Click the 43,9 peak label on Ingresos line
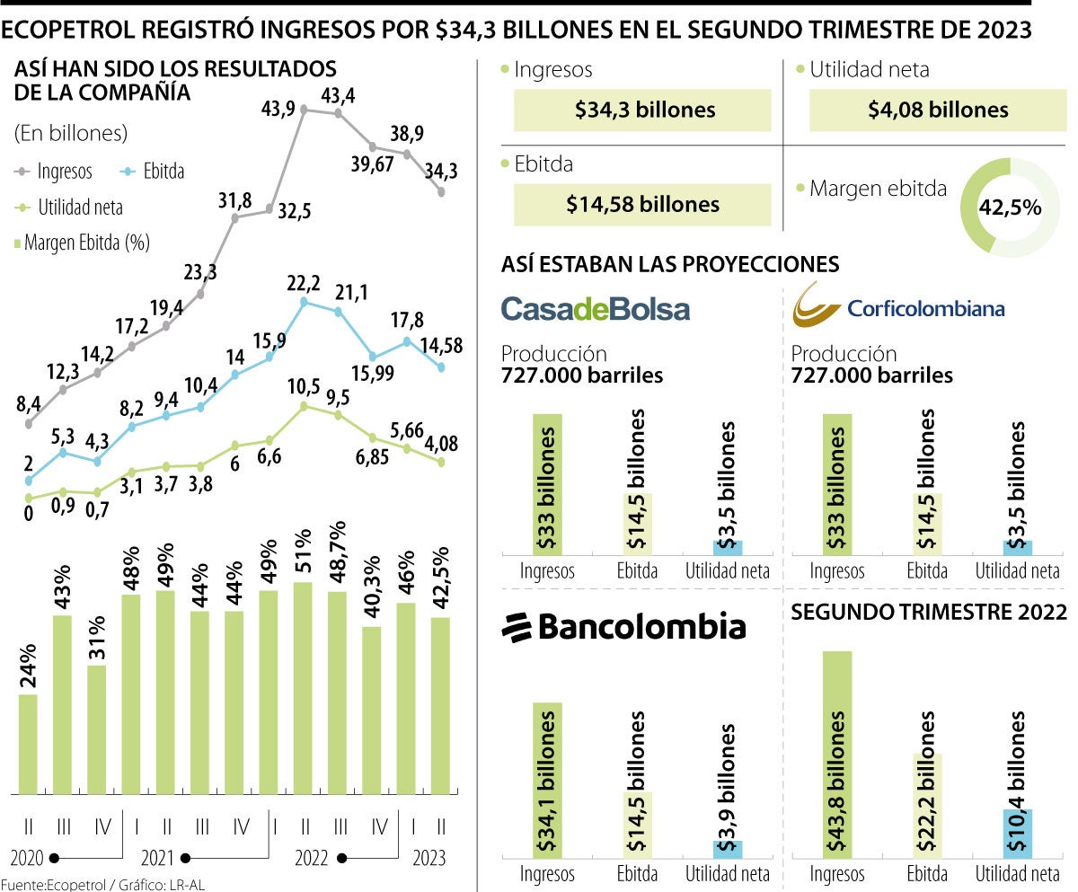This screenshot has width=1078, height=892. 278,109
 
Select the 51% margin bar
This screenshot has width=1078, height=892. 304,687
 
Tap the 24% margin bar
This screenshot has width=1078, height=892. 28,744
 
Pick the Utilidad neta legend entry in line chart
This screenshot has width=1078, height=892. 70,208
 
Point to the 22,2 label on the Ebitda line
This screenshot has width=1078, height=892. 304,284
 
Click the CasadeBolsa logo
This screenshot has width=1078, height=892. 595,309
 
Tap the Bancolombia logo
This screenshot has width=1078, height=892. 623,626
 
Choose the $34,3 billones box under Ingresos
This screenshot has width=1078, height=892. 643,110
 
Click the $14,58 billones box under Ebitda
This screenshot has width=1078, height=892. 642,205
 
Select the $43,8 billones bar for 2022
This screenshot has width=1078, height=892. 837,755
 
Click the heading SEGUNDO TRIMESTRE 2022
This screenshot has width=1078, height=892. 928,613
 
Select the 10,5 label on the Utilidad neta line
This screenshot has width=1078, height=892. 304,388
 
